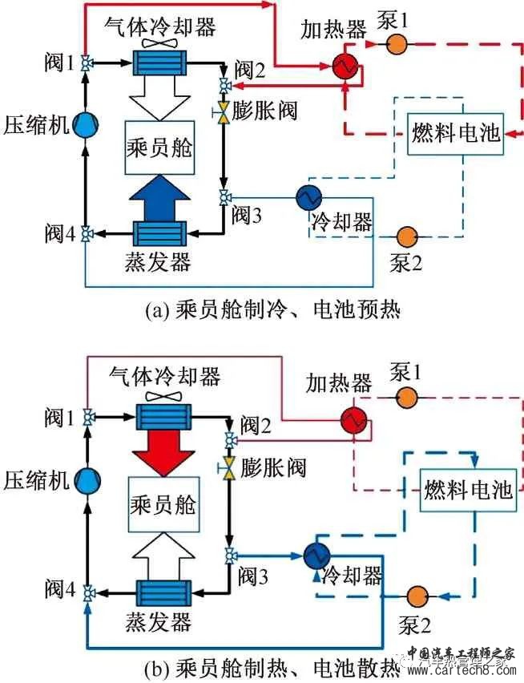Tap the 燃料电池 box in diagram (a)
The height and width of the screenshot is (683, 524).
point(455,133)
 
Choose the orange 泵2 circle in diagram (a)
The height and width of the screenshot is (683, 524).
point(407,236)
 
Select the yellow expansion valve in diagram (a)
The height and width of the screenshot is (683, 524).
point(224,108)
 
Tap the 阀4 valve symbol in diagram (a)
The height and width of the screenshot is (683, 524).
point(86,233)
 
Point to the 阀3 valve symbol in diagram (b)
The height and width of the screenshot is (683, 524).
point(232,555)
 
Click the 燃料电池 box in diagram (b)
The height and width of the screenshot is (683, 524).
point(467,491)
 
